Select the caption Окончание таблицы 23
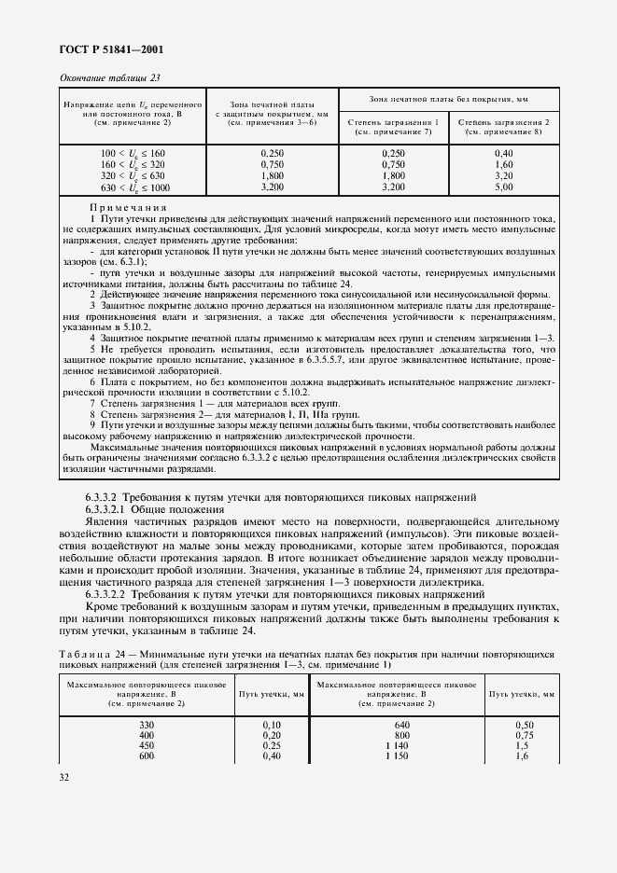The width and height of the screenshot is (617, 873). [x=113, y=78]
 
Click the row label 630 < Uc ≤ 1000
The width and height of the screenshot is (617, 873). [x=131, y=187]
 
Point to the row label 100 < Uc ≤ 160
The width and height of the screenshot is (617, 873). [x=131, y=152]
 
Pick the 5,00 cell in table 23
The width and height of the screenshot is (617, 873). [x=504, y=187]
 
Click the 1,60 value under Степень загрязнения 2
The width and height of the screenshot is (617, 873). [x=504, y=163]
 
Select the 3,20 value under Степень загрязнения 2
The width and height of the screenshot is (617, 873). [x=504, y=175]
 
